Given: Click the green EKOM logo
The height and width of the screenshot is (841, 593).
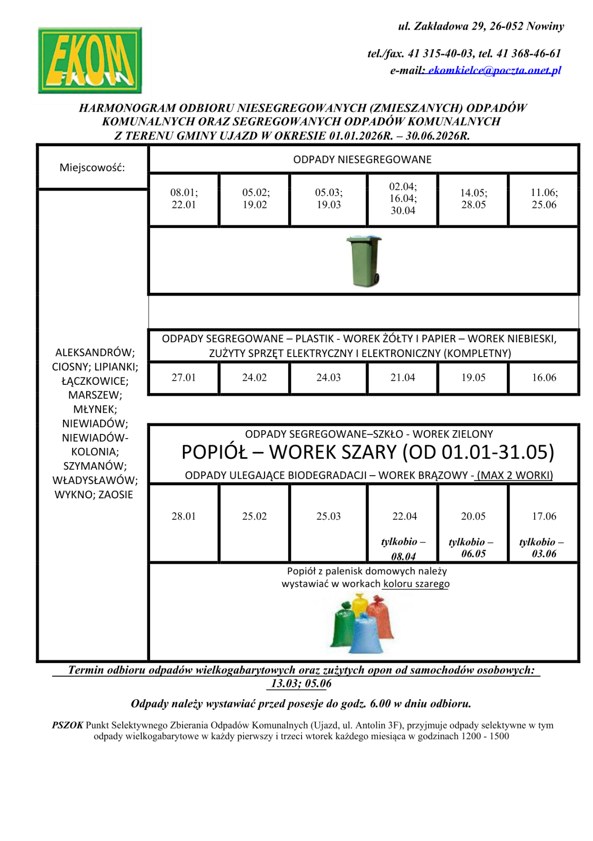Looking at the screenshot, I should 90,60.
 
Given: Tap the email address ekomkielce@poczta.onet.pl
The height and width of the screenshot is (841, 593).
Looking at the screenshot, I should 494,70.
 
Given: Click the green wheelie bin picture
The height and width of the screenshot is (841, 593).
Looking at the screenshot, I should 364,261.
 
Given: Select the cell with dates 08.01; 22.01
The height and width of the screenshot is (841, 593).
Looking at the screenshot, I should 184,199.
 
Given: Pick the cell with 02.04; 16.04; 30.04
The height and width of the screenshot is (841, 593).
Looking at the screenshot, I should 403,199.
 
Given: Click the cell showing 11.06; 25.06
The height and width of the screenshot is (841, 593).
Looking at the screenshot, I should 544,199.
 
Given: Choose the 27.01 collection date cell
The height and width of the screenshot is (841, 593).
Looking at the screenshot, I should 184,378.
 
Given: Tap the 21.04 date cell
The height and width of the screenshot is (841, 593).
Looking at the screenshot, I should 403,378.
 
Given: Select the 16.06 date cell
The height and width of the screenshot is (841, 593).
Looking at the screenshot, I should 544,378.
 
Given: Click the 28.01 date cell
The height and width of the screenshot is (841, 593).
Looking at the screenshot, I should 184,516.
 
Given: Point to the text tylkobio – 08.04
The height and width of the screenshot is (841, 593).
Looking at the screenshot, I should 403,549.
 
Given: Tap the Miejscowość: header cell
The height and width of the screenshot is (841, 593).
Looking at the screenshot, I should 92,168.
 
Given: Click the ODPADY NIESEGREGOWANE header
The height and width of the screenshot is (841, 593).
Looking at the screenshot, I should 362,160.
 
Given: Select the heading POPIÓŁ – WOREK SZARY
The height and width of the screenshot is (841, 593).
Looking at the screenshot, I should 367,452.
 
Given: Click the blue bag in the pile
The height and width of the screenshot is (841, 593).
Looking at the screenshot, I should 366,634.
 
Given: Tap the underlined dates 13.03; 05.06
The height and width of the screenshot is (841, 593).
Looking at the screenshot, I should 301,684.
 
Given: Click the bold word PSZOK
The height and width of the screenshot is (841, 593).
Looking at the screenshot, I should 68,725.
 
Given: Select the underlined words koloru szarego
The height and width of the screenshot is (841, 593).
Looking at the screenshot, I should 416,584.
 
